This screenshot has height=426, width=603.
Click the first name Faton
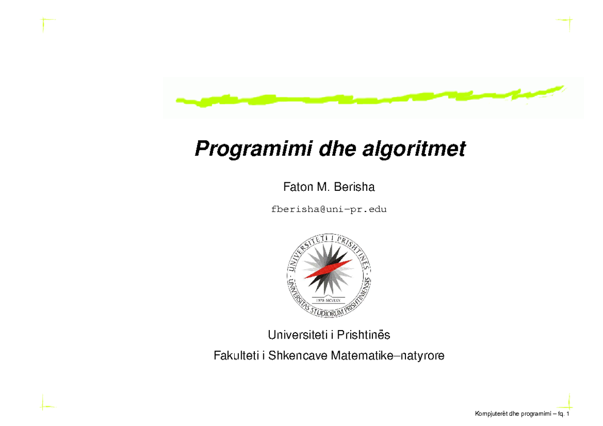[296, 187]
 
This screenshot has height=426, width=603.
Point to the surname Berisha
[356, 187]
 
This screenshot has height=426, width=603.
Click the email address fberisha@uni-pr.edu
[329, 209]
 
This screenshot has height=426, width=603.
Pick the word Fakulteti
[235, 356]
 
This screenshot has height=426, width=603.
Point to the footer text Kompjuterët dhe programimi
[512, 414]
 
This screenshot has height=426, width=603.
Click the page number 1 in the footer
[567, 414]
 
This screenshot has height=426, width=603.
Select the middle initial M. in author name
[322, 187]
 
